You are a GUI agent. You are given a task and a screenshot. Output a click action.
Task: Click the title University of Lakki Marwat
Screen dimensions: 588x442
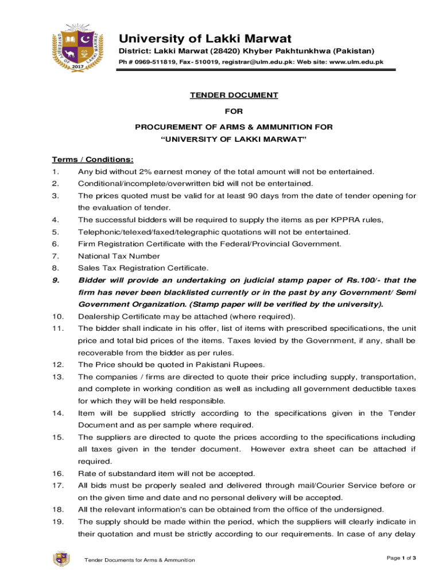(x=205, y=39)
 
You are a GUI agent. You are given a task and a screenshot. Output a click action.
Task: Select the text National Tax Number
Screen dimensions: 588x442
(x=119, y=256)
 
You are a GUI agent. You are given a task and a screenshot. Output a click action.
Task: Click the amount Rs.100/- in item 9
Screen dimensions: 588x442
(x=353, y=280)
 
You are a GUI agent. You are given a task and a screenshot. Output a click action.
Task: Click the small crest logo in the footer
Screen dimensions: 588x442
(x=61, y=559)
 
